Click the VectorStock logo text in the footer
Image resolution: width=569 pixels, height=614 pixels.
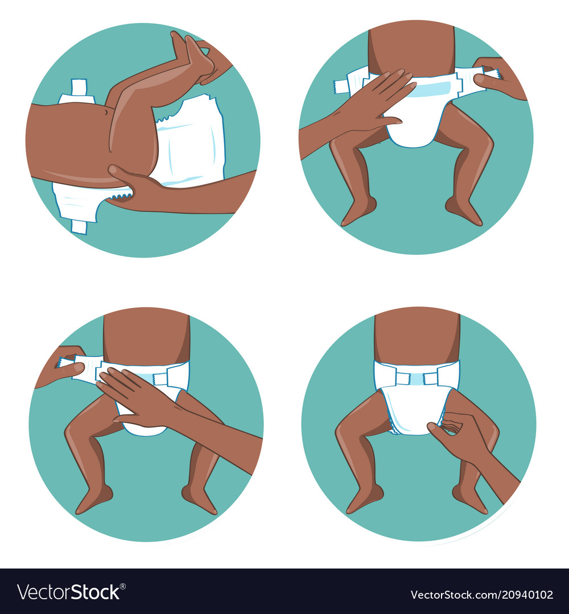click(68, 592)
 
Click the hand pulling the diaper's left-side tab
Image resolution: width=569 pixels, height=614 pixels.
click(60, 367)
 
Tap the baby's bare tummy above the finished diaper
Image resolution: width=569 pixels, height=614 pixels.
click(417, 335)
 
